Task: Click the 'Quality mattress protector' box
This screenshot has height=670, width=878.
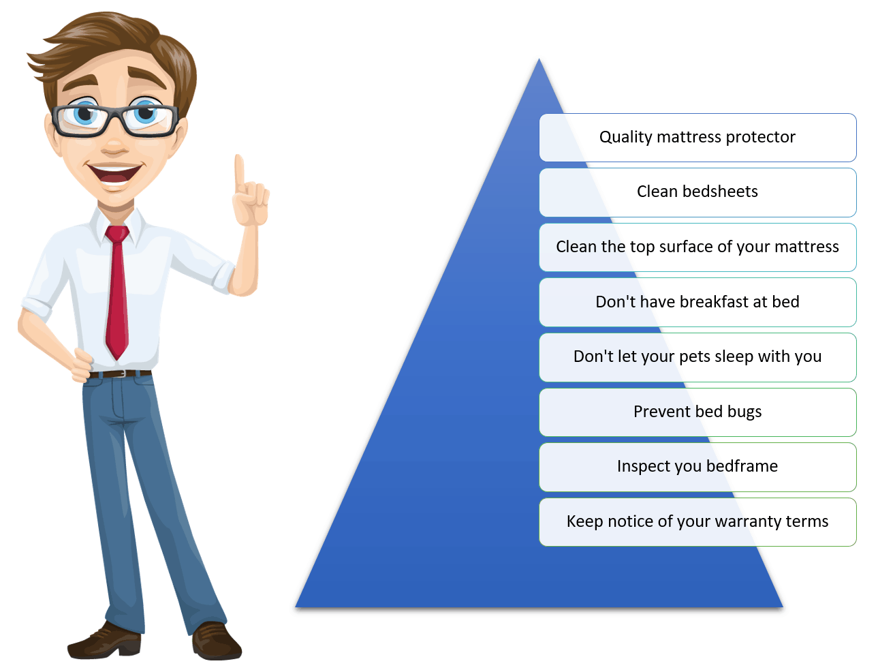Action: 697,137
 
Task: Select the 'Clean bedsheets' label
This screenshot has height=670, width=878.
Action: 697,192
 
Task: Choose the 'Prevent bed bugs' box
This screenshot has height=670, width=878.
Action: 697,412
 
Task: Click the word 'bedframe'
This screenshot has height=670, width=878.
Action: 742,466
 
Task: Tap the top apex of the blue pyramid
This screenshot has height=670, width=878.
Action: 539,59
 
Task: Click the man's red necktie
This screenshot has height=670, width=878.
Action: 116,292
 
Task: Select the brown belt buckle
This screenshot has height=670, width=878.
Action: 123,374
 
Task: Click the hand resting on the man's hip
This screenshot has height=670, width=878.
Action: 81,365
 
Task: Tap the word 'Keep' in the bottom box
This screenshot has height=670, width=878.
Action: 585,522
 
